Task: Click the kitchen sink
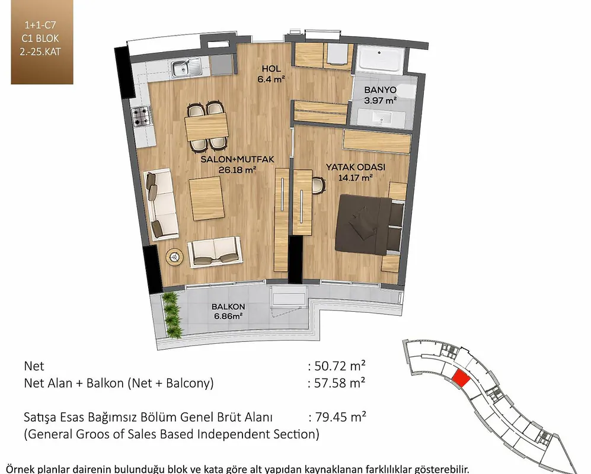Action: click(x=187, y=68)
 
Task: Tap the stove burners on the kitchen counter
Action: click(x=141, y=117)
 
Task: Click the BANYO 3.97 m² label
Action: click(x=381, y=95)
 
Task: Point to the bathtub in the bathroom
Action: click(x=379, y=59)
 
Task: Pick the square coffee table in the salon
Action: click(x=207, y=198)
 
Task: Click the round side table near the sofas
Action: click(x=174, y=257)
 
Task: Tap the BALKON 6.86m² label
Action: click(x=228, y=311)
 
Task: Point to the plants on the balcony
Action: click(x=172, y=315)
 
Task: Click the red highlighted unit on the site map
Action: click(x=461, y=378)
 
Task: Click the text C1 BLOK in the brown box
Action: click(x=40, y=39)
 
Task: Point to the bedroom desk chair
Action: click(x=319, y=185)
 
